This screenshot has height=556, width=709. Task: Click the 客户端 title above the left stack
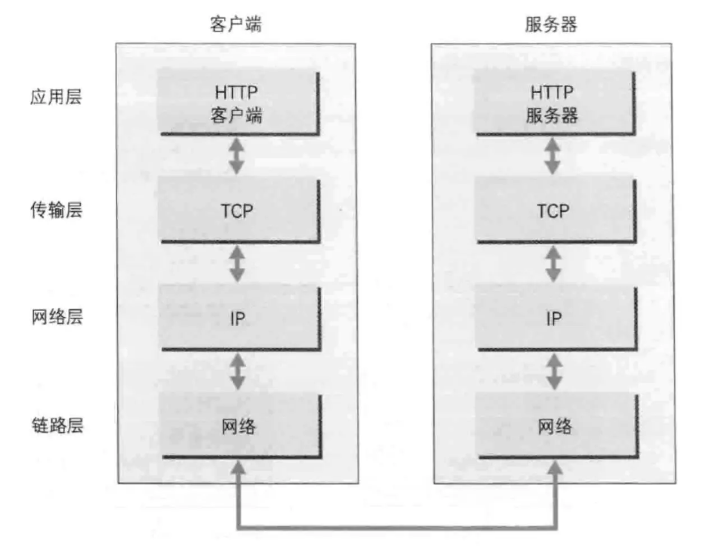point(236,24)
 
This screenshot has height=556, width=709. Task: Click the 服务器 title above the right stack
point(551,24)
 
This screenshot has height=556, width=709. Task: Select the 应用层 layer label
point(56,97)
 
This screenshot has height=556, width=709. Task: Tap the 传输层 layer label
point(56,210)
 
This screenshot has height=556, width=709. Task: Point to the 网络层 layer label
point(57,317)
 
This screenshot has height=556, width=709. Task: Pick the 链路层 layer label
point(57,425)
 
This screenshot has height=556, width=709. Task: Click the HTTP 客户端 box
point(238,102)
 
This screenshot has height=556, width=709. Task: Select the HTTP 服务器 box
point(554,102)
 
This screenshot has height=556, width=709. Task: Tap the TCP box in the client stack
point(239,211)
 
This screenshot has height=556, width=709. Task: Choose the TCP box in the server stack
point(554,211)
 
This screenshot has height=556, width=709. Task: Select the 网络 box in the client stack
point(240,426)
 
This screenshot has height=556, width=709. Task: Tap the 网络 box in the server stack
point(556,426)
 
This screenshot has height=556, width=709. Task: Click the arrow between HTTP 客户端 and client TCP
point(237,156)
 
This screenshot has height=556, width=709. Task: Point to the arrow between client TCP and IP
point(238,264)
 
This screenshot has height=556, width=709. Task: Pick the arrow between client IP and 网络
point(238,371)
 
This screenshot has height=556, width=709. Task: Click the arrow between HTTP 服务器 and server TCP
point(553,156)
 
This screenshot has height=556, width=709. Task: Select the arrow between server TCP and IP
point(554,264)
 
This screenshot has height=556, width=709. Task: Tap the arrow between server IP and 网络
point(555,371)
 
